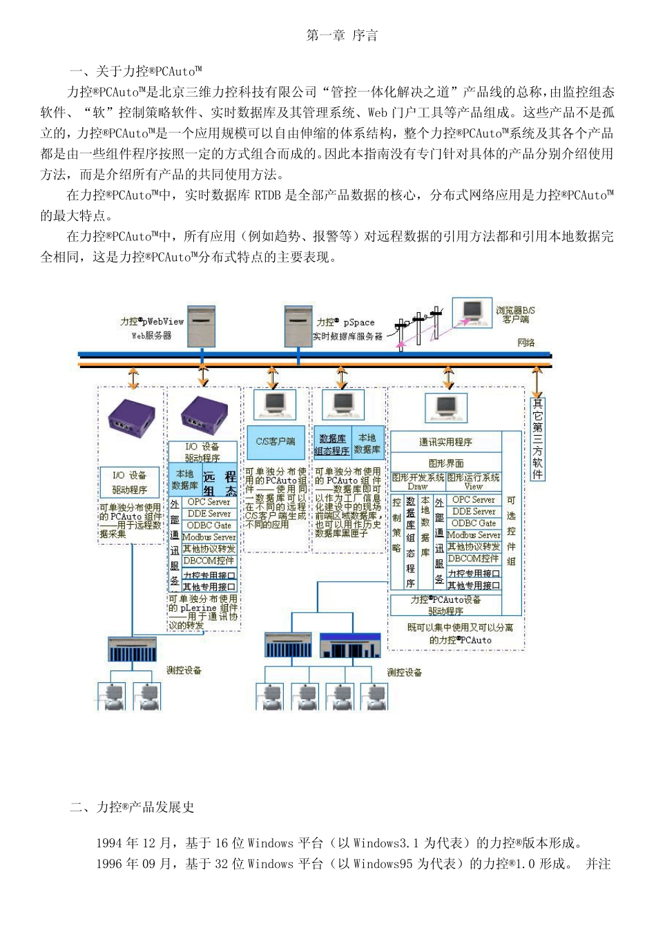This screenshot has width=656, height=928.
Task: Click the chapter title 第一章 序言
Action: click(x=342, y=36)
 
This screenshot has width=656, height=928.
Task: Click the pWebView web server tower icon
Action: click(x=202, y=327)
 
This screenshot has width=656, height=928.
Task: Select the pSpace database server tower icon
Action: click(x=298, y=327)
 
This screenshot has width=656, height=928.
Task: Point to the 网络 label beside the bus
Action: click(x=526, y=343)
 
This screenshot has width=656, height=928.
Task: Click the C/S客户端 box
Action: click(x=276, y=441)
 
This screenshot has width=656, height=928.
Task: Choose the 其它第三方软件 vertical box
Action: click(x=537, y=438)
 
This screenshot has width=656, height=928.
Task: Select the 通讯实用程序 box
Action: click(x=445, y=442)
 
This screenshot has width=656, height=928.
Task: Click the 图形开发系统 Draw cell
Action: click(x=418, y=481)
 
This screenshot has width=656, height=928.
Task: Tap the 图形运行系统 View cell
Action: click(x=474, y=481)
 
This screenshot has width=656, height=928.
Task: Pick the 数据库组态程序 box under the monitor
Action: click(x=332, y=445)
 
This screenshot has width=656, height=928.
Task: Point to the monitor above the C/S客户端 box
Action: click(x=273, y=405)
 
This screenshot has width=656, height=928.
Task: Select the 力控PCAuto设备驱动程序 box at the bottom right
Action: click(x=445, y=605)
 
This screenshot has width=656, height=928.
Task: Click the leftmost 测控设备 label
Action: click(x=184, y=670)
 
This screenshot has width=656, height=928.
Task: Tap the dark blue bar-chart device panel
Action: click(x=351, y=645)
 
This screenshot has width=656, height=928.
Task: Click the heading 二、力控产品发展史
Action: click(x=132, y=807)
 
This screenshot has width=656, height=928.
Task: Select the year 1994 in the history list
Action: click(x=109, y=843)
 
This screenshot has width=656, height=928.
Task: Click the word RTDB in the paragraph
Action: click(x=268, y=195)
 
